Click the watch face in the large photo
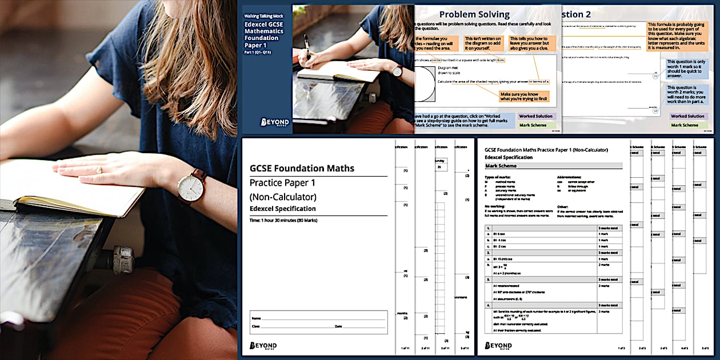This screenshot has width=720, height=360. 190,187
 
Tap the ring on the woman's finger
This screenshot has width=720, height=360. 99,170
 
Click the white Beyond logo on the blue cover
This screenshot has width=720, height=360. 275,122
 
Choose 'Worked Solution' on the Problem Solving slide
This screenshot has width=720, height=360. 535,116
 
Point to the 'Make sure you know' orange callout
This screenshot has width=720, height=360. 523,96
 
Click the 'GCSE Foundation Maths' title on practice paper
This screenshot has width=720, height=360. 302,168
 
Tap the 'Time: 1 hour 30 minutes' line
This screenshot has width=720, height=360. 283,220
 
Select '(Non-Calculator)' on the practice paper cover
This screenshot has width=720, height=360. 283,197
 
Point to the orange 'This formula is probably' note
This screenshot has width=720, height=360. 678,36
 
